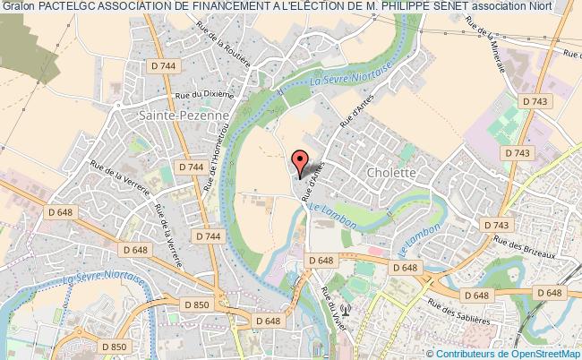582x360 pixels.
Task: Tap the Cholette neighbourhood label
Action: [x=391, y=171]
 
